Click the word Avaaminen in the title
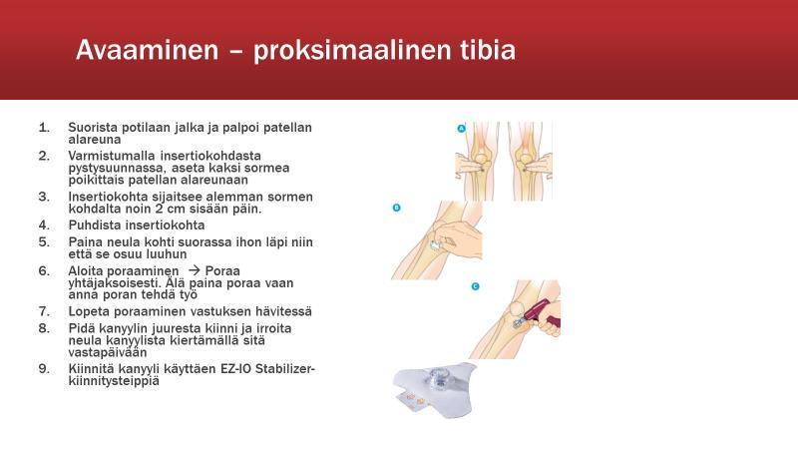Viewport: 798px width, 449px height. point(147,50)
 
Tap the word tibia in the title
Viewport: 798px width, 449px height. point(488,50)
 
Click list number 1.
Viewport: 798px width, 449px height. point(44,128)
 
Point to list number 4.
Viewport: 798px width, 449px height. point(44,225)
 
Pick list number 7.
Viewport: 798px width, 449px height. point(44,311)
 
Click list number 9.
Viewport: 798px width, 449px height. point(44,368)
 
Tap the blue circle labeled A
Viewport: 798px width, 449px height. point(461,129)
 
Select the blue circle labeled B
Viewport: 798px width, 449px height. point(396,208)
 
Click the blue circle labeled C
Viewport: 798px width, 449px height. point(475,286)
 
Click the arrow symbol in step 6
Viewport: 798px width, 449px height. point(194,270)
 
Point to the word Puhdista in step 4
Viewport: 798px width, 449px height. point(95,225)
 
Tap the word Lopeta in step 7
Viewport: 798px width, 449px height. point(89,311)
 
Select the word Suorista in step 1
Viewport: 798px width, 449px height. point(93,128)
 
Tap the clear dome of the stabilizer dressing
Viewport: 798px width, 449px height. point(437,378)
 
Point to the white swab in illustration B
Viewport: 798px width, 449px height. point(434,245)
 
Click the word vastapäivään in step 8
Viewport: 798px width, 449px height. point(108,353)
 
